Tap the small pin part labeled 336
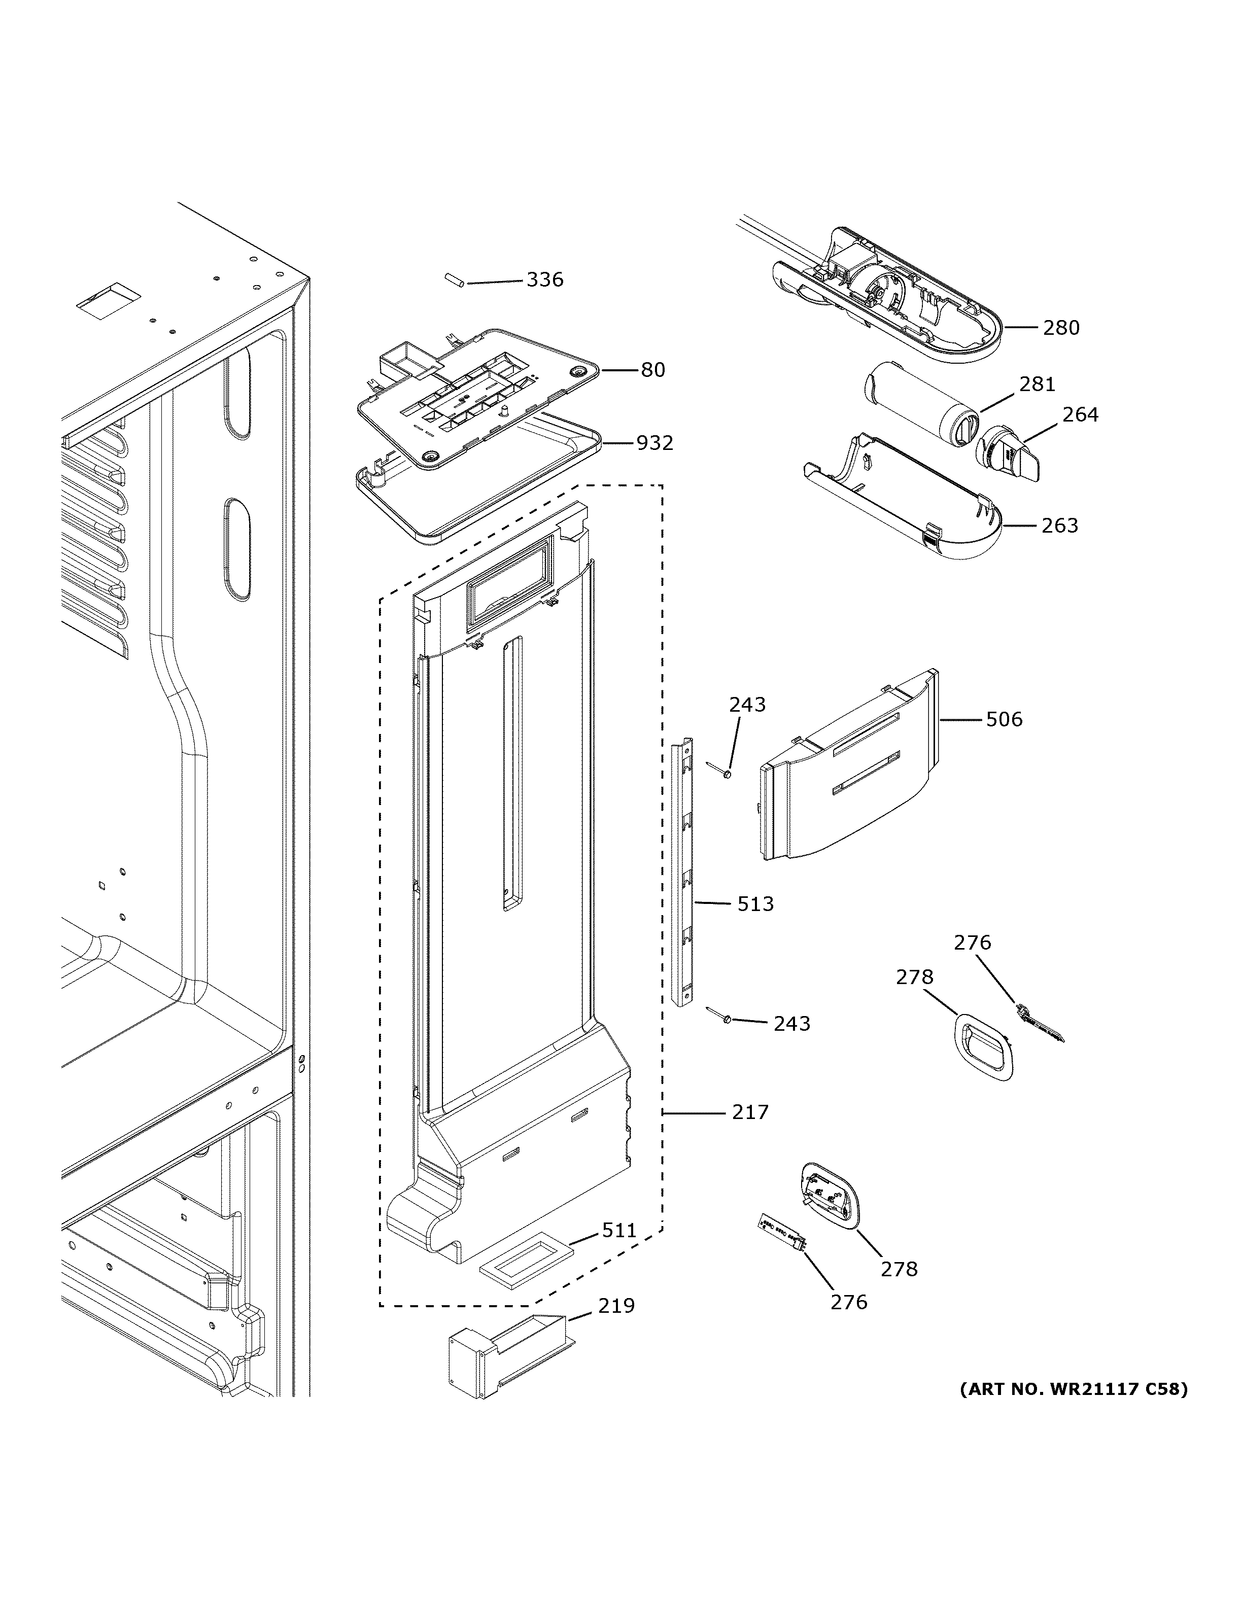(x=453, y=281)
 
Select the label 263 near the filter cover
(x=1059, y=526)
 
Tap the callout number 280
(x=1061, y=327)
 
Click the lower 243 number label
(x=791, y=1024)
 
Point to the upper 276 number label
(x=972, y=942)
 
